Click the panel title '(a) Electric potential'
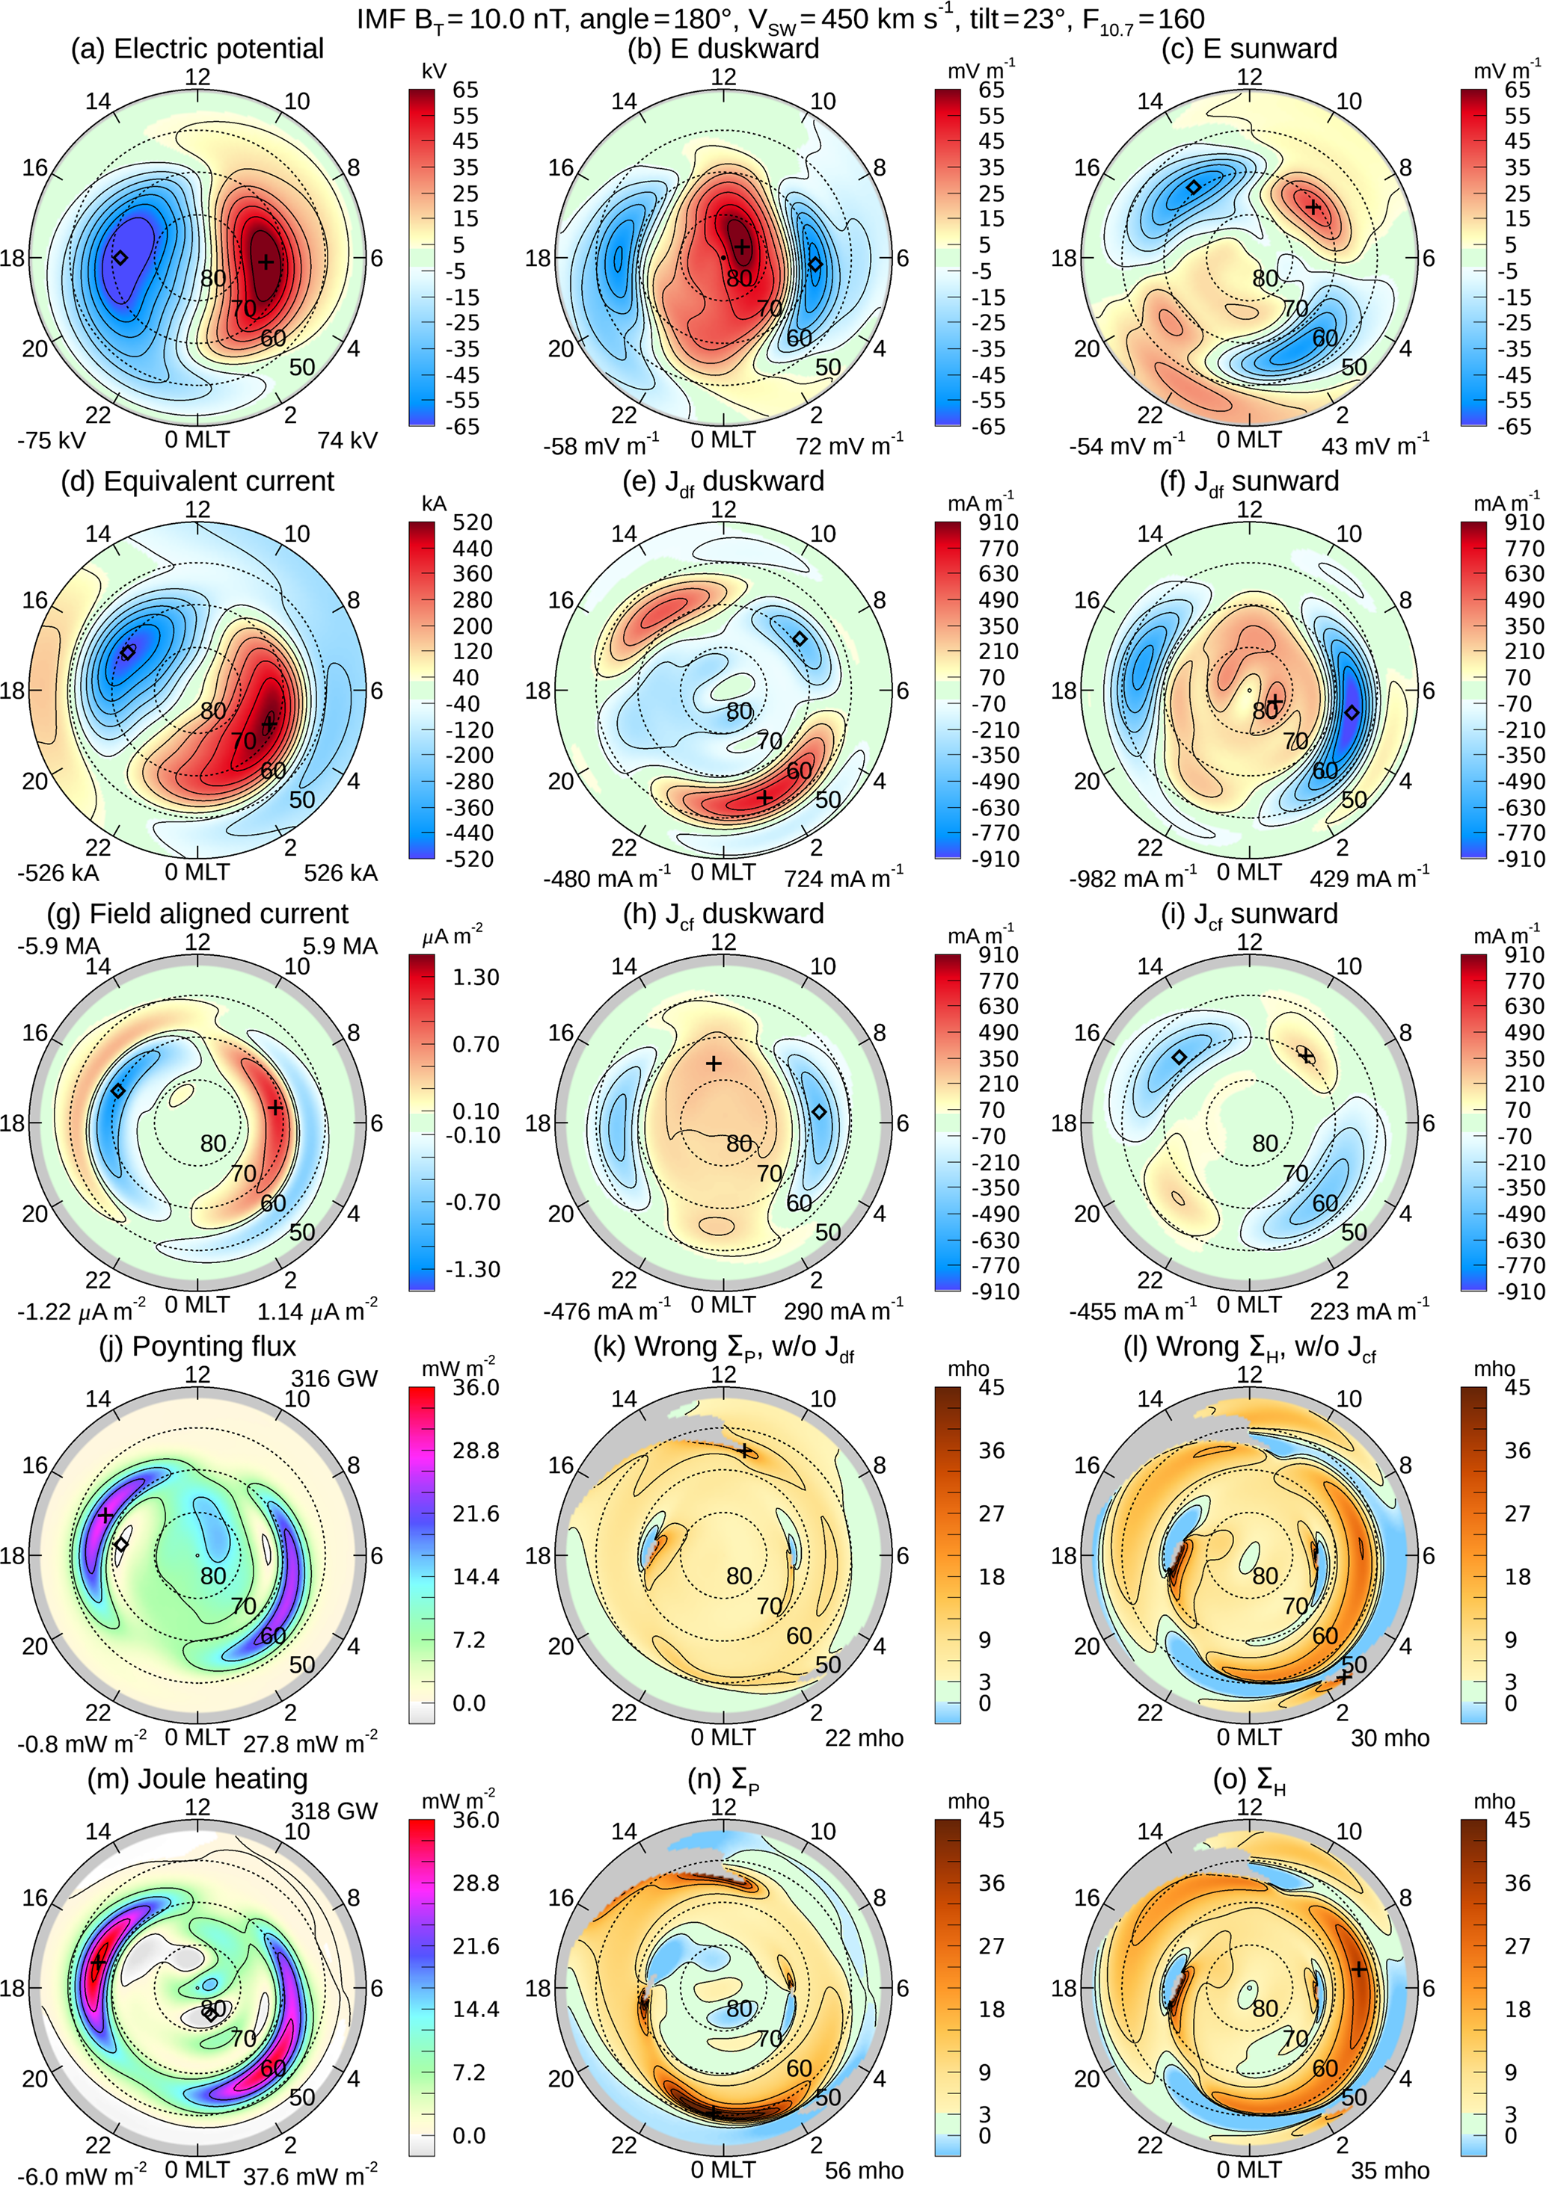pos(197,49)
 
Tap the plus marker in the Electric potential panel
pos(266,261)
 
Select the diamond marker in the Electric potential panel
pos(120,257)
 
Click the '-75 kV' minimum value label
pos(52,441)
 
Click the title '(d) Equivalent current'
pos(197,481)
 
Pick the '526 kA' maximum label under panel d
pos(340,873)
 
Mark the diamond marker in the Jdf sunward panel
pos(1351,712)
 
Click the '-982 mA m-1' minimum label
pos(1134,877)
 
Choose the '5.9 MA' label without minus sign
pos(340,945)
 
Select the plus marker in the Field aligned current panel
pos(275,1108)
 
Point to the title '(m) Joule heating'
pos(197,1779)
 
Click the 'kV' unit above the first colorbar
pos(433,72)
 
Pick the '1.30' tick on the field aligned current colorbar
pos(476,977)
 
